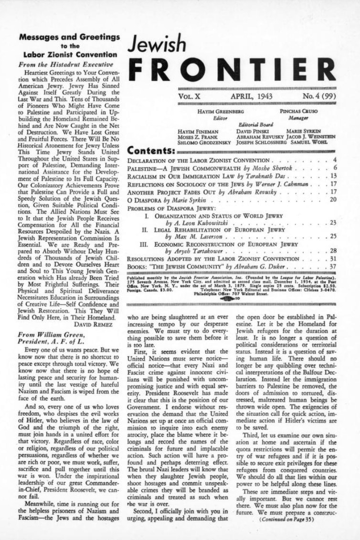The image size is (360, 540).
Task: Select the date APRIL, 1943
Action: [x=252, y=97]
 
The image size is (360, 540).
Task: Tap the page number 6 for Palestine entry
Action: [x=335, y=168]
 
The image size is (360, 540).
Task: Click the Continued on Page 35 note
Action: [x=286, y=530]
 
